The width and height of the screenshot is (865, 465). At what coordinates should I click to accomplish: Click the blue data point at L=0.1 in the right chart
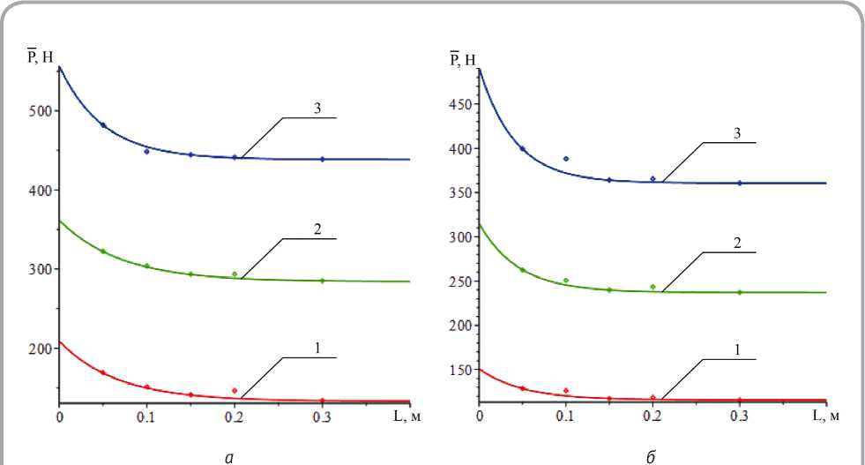[x=566, y=159]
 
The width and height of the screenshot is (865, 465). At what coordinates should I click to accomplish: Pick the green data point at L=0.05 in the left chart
[x=103, y=251]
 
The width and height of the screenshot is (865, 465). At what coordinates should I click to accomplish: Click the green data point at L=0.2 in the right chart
[x=652, y=287]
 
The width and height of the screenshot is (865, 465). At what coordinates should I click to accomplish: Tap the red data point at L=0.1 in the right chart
[x=566, y=390]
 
